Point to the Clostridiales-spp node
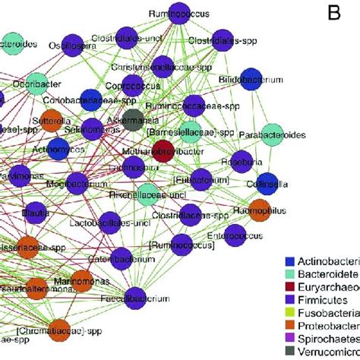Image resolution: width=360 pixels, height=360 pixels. coord(223,37)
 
